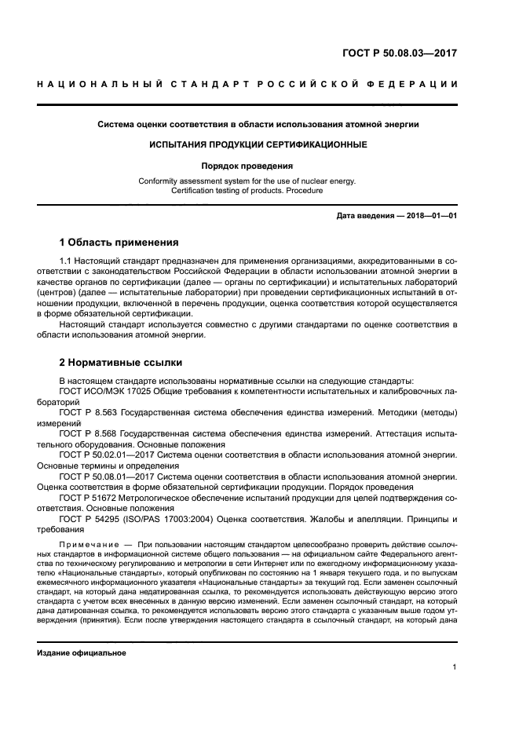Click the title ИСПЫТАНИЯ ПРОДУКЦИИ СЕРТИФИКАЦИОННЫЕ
tap(258, 145)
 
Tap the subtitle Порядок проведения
tap(258, 166)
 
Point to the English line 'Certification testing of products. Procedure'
tap(258, 190)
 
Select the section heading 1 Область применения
tap(119, 242)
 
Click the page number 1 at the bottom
tap(454, 667)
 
